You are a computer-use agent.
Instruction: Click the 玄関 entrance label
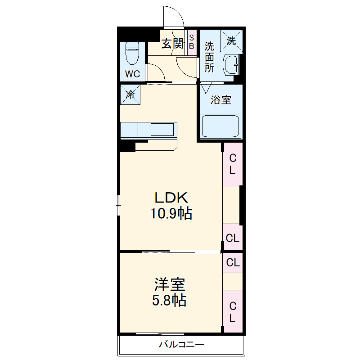[x=173, y=44]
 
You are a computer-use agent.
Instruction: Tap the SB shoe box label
[x=191, y=42]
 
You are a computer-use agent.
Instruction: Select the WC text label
[x=133, y=74]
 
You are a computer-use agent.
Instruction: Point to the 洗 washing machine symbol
[x=231, y=41]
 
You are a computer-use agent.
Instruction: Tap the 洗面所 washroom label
[x=210, y=57]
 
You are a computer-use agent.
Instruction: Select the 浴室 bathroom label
[x=221, y=100]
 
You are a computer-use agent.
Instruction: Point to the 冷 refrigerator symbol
[x=130, y=94]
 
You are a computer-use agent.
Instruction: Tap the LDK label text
[x=171, y=198]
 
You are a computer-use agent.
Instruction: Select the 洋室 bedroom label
[x=170, y=284]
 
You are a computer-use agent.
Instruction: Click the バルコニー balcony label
[x=181, y=345]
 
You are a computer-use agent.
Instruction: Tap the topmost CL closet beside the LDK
[x=233, y=164]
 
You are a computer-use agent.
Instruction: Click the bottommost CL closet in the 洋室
[x=233, y=312]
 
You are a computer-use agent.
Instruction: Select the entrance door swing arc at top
[x=173, y=18]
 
